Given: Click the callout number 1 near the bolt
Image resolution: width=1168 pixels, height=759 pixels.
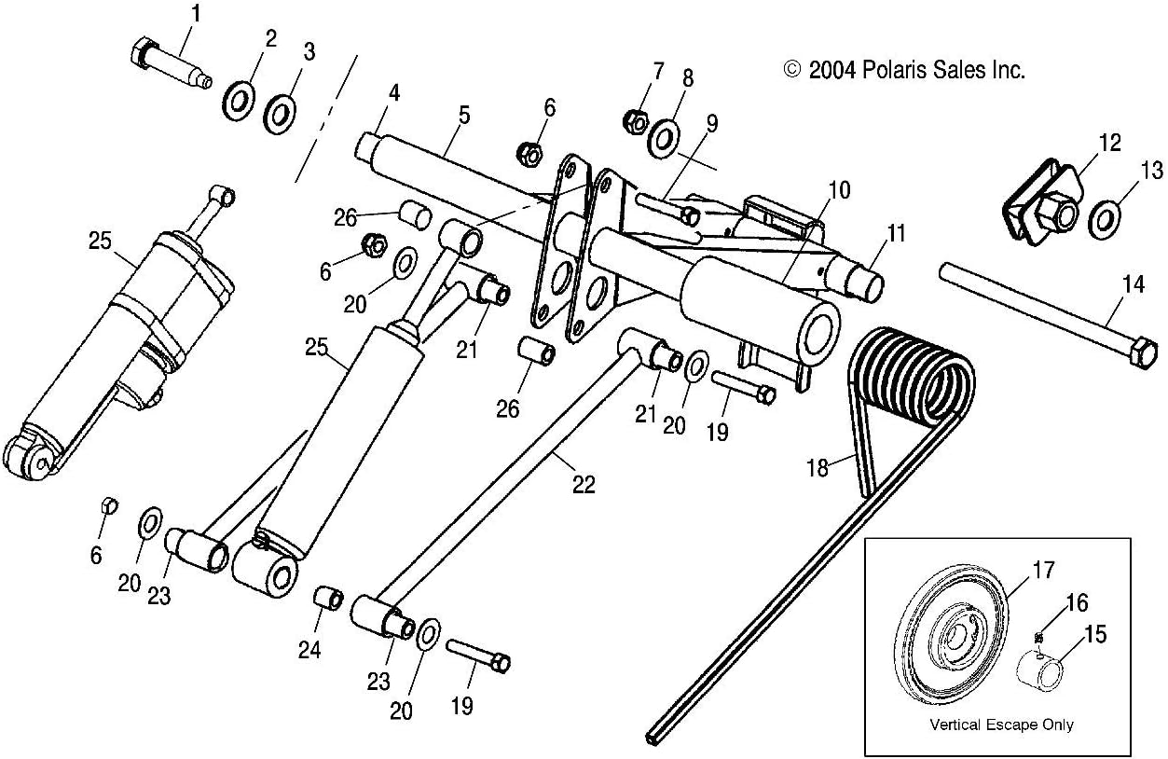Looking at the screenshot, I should click(x=195, y=13).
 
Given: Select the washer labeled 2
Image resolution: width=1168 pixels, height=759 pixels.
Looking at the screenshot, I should click(x=240, y=99).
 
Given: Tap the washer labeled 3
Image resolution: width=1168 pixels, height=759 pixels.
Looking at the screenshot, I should click(x=279, y=115).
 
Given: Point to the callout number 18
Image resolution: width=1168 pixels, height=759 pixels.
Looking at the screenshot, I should click(x=817, y=467).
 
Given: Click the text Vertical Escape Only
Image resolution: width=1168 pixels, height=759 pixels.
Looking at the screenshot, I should click(x=1001, y=724).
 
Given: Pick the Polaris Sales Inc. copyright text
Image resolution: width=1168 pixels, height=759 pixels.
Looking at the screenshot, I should click(x=903, y=70).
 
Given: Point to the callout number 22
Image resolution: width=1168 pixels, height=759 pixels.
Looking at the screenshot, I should click(x=584, y=484).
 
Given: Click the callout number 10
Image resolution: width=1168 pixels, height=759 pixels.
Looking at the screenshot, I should click(x=838, y=190).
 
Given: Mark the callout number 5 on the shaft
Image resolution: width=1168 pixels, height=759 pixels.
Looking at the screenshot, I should click(x=463, y=116).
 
